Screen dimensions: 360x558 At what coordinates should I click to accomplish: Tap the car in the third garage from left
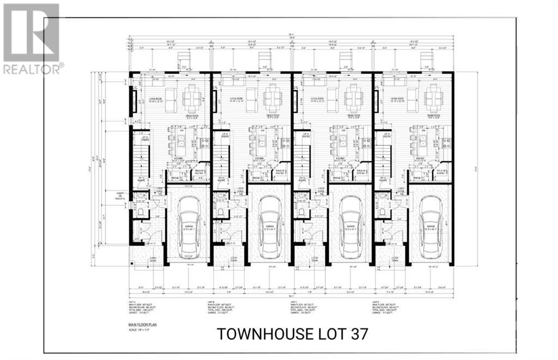(x=350, y=224)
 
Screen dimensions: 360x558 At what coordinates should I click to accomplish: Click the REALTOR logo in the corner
(x=32, y=38)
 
